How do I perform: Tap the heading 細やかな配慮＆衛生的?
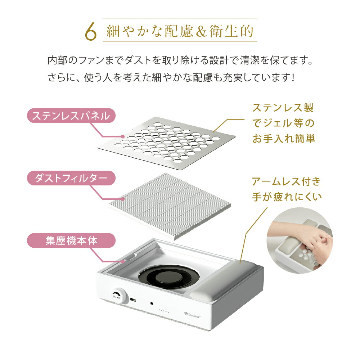(180, 32)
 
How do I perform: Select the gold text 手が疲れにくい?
(286, 197)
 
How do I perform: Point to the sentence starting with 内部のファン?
(180, 60)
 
